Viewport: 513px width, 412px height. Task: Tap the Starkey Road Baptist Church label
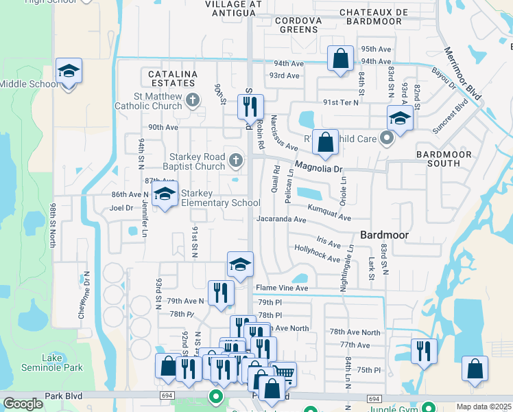tap(184, 161)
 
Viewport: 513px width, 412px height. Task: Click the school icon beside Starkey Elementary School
tap(164, 195)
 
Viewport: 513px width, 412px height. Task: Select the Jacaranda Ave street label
tap(281, 220)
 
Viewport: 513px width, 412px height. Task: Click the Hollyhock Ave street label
tap(317, 254)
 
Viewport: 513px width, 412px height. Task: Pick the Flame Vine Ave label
tap(282, 288)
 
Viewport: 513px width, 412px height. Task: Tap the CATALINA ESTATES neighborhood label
tap(169, 78)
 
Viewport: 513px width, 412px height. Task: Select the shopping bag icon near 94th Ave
tap(340, 59)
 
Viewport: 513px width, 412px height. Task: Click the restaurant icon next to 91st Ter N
tap(250, 106)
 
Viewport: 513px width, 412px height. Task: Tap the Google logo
tap(23, 404)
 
